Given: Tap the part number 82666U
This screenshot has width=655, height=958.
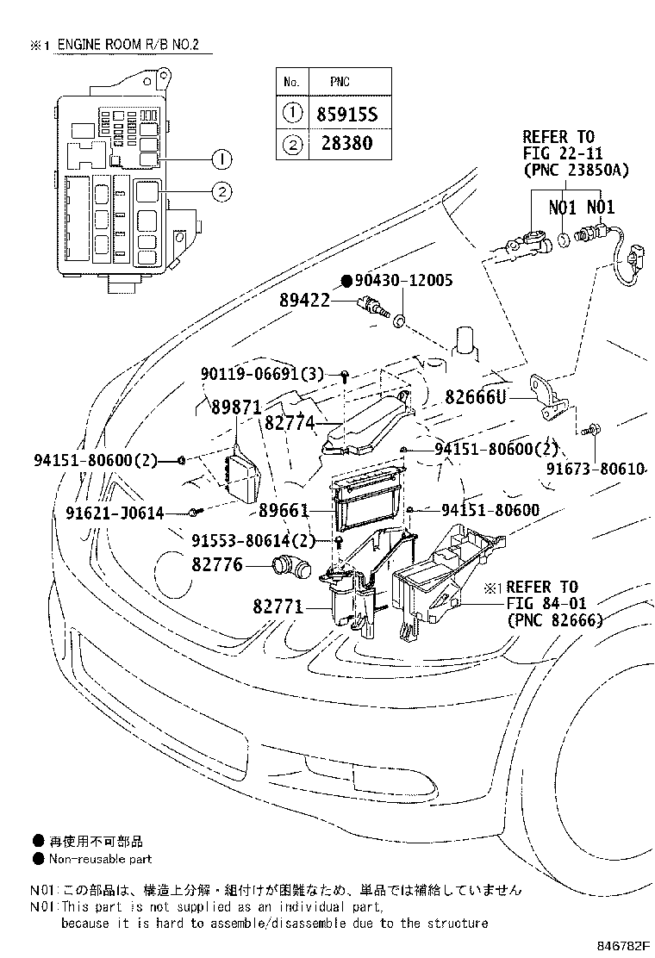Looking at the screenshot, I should [477, 397].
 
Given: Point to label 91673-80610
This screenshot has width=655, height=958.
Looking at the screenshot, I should [596, 469].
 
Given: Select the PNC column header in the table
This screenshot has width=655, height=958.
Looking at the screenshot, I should [340, 82].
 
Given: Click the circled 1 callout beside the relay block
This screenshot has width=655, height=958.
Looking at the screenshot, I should [222, 159].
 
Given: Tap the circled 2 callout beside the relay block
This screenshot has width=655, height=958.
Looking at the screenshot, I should [222, 192].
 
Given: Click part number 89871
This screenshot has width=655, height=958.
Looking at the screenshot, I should [235, 407].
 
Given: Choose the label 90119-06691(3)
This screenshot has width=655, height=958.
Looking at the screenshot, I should [262, 374].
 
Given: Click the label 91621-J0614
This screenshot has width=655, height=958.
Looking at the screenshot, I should [114, 513].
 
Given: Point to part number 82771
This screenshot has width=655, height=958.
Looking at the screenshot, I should [278, 607].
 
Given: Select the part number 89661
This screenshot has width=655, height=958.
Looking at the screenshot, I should [284, 511].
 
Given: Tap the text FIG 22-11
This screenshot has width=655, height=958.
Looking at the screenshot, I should [558, 153].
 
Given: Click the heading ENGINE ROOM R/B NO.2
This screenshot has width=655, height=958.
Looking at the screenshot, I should [128, 44].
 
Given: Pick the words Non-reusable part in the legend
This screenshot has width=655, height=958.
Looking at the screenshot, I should [100, 859].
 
